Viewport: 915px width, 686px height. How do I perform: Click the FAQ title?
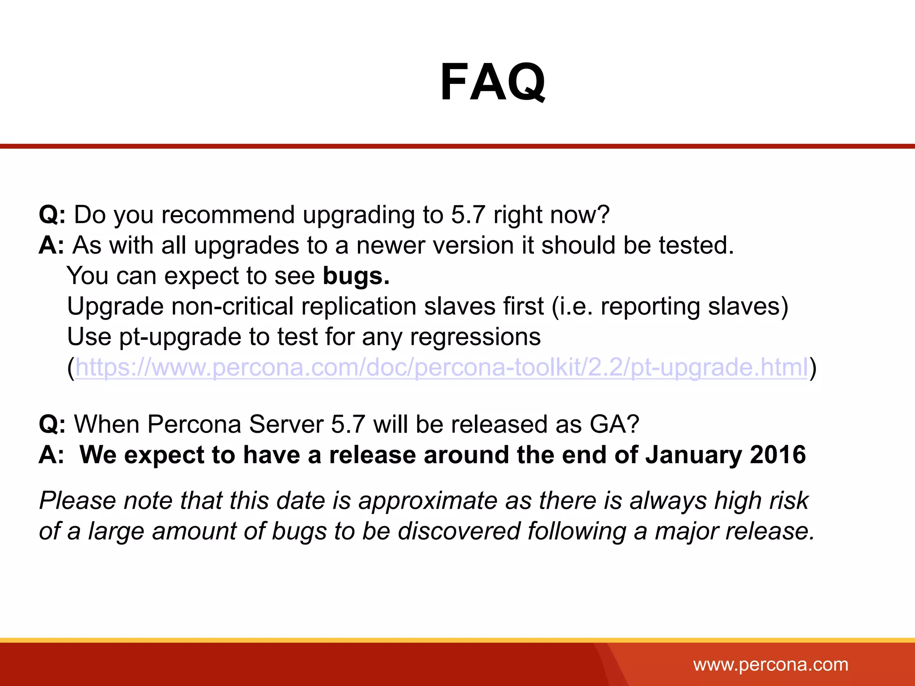pos(492,83)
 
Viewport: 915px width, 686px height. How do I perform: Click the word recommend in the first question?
pos(228,215)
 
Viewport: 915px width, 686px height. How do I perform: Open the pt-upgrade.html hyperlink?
pos(441,368)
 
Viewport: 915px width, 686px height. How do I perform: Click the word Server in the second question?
pos(286,424)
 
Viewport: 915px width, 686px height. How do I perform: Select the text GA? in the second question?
pos(614,424)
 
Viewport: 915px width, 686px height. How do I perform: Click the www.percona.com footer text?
pos(771,665)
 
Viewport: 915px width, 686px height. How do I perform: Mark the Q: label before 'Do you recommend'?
pos(52,215)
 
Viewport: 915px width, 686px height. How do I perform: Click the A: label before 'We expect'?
pos(51,455)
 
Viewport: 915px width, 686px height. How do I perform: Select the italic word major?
pos(686,531)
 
